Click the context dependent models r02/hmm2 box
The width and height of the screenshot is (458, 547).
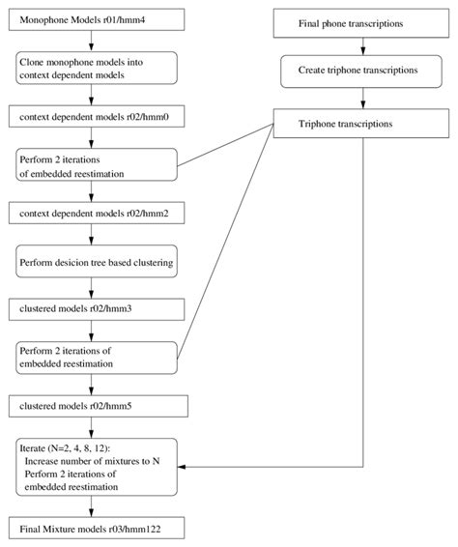point(91,211)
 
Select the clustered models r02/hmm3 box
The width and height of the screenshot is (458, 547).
point(91,309)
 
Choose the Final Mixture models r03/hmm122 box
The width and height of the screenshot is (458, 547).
point(91,529)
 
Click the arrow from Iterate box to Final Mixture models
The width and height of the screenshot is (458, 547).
point(91,507)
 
